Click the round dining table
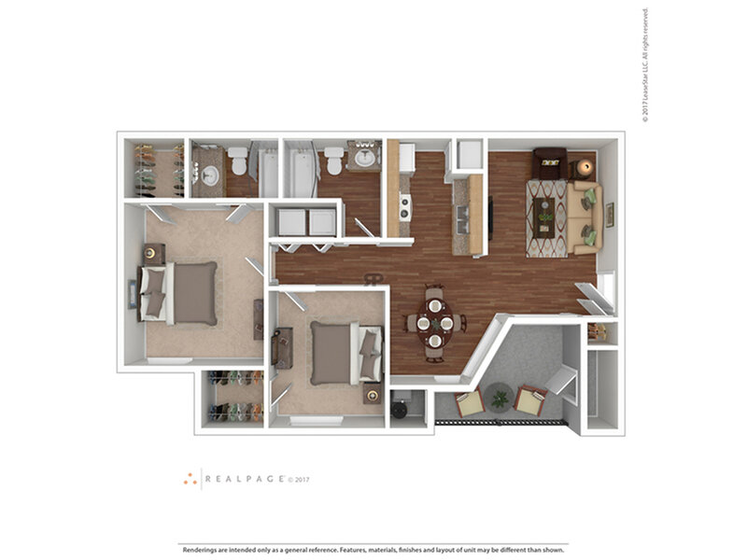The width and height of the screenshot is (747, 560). (434, 323)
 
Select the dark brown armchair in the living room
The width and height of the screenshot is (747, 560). (550, 164)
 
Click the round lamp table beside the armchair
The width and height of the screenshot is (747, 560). (585, 167)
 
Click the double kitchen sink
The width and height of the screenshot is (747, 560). (462, 219)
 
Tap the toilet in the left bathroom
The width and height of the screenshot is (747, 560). (239, 162)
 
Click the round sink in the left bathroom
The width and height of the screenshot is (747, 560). (209, 175)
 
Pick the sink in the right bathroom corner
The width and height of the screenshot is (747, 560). (365, 157)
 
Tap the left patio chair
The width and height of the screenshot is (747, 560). (469, 403)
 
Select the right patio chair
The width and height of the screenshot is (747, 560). (531, 401)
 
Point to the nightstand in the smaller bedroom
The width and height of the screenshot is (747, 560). (373, 396)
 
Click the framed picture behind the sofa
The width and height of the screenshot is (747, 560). (609, 216)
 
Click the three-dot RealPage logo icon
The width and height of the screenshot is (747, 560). (190, 479)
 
